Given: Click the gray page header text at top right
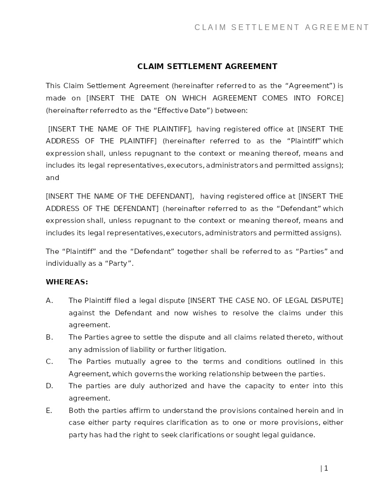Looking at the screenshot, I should pos(282,28).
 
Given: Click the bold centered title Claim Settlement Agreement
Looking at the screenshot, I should pos(207,67).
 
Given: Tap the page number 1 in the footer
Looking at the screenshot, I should pos(326,468).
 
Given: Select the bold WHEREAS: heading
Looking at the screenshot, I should pos(67,282).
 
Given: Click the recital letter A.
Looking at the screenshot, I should pos(49,301).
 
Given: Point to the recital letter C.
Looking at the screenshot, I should pos(49,362).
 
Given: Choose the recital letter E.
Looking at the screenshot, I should pos(49,411).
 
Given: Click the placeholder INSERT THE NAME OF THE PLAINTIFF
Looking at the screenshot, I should pos(120,129).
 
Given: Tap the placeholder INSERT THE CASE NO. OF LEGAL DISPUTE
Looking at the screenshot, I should pos(266,301).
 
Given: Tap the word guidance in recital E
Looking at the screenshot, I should pos(299,435).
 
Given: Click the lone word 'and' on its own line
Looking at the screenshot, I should pos(52,178).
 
